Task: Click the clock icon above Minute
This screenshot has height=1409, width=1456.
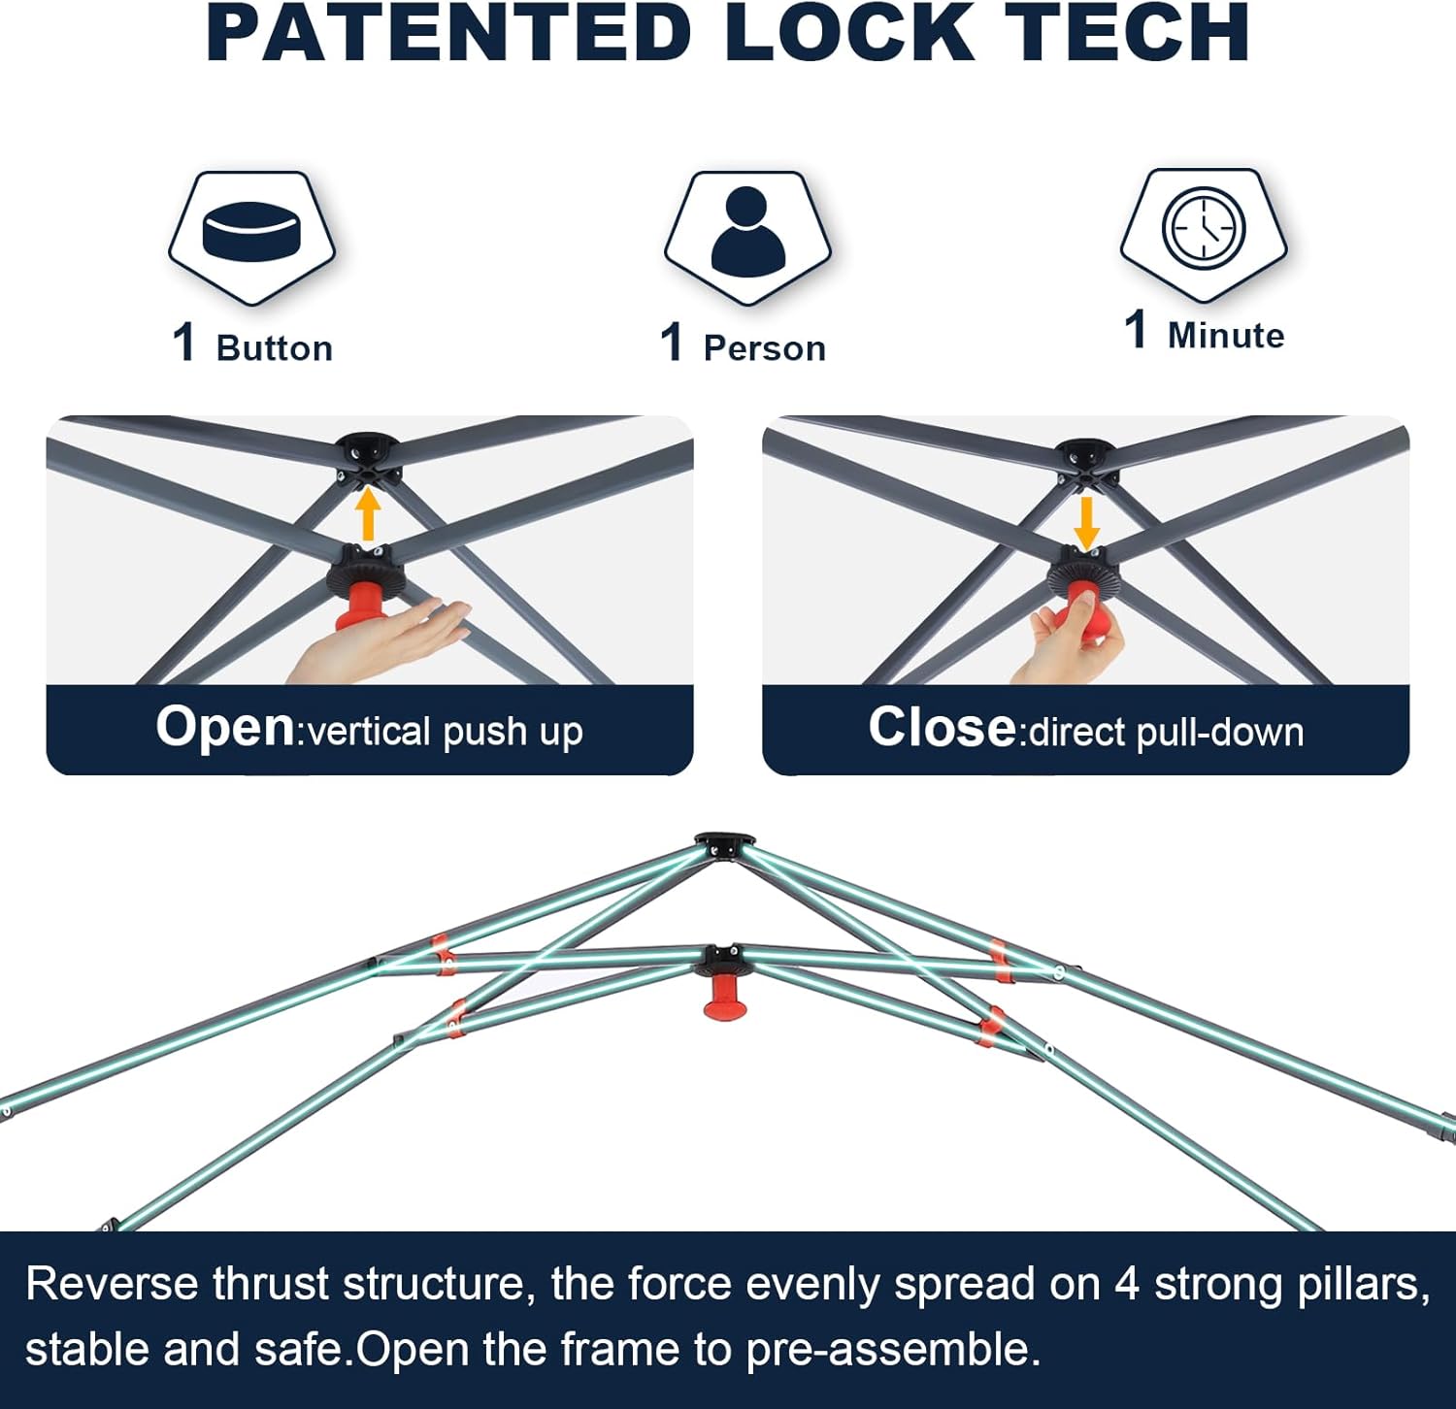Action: coord(1204,228)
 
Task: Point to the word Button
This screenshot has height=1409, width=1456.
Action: coord(275,348)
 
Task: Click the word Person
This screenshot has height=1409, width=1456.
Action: coord(765,348)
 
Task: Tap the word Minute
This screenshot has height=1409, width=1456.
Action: coord(1226,336)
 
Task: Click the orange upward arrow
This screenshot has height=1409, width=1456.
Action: coord(367,514)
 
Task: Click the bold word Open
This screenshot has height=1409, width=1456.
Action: coord(224,727)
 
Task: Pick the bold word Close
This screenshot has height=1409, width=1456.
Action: coord(941,728)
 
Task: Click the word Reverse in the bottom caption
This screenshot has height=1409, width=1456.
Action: coord(112,1284)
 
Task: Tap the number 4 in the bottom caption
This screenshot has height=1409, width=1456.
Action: coord(1126,1284)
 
